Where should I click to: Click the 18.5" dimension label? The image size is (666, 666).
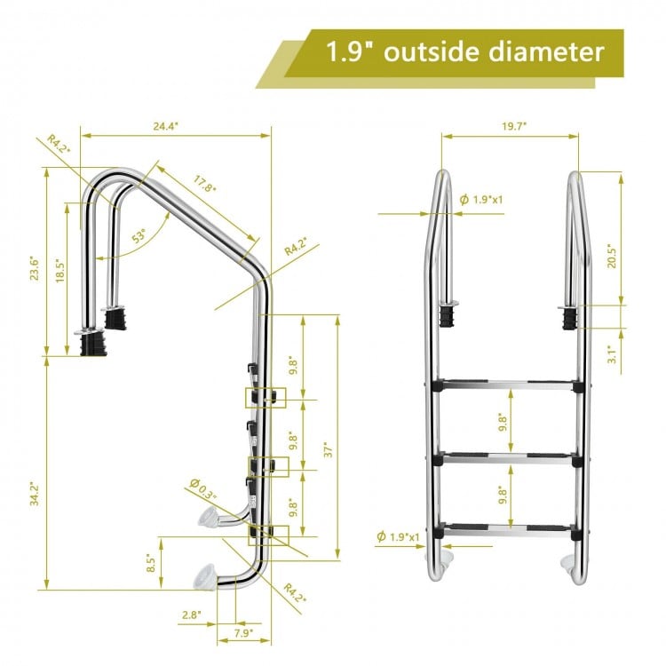[x=59, y=271]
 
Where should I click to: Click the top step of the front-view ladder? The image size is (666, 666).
[x=506, y=385]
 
